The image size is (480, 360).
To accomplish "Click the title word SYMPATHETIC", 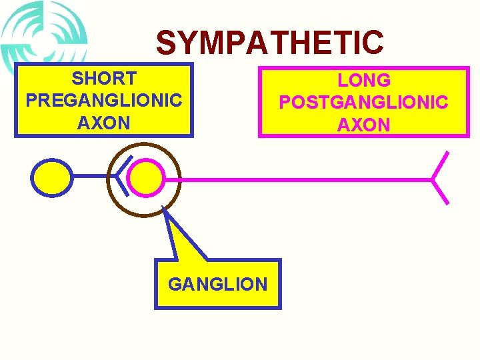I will pos(270,43).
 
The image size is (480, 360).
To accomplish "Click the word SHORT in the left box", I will pos(104,79).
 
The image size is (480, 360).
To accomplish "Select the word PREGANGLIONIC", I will pos(104,101).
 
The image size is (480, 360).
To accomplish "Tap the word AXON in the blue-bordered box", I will pos(104,123).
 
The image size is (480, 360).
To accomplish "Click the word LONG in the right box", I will pos(364,81).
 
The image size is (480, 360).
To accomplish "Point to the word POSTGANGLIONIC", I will pos(364,103).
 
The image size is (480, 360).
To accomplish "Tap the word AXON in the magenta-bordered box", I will pos(364,125).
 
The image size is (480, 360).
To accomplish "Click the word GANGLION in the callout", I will pos(218,285).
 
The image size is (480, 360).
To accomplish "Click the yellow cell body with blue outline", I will pos(52,179).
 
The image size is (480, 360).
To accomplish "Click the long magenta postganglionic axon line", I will pos(300,179).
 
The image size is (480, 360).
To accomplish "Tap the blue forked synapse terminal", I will pos(122,175).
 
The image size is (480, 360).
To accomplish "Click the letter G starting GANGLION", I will pos(175,285).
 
